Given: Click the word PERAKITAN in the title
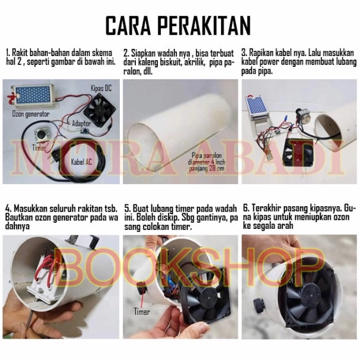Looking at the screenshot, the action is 203,26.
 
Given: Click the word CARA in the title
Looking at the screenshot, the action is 128,26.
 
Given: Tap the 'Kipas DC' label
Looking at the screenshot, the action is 101,88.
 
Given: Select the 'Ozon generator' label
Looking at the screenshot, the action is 31,114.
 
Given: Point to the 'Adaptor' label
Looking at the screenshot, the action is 82,123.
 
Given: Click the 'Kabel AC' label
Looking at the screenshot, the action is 81,162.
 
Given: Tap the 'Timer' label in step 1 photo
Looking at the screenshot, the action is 39,148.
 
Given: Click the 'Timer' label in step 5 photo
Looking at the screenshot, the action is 142,312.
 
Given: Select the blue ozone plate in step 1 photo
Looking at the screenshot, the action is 33,95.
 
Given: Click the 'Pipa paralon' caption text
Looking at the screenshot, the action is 206,156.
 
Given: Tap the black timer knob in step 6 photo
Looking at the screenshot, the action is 258,304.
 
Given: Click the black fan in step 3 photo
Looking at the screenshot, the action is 299,153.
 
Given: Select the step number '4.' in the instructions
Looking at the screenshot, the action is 8,209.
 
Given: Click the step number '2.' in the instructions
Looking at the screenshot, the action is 126,53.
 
